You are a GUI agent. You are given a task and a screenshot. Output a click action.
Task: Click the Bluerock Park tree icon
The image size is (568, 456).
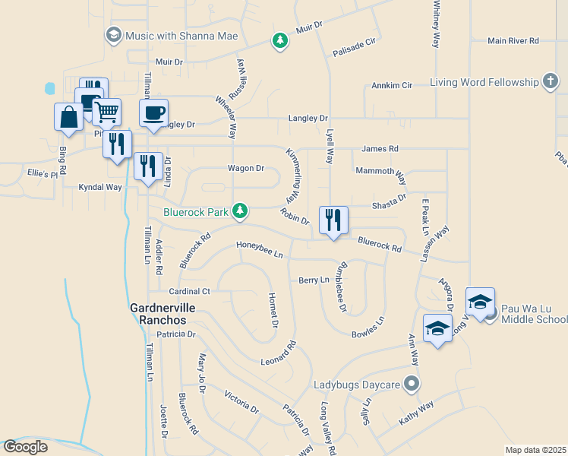(x=240, y=211)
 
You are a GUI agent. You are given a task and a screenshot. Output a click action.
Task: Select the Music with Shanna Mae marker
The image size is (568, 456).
(x=114, y=35)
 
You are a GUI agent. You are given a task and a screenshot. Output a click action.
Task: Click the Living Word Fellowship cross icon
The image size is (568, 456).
(x=551, y=82)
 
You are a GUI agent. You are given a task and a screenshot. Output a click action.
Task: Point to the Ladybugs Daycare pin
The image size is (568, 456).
(x=412, y=385)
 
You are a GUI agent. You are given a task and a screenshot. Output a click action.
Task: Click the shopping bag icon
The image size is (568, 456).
(x=68, y=116)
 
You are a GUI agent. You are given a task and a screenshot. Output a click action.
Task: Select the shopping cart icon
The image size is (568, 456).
(x=107, y=112)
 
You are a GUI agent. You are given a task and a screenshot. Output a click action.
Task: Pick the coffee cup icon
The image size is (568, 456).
(x=154, y=112)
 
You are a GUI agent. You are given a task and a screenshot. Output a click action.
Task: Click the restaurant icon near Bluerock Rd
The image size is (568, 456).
(x=333, y=220)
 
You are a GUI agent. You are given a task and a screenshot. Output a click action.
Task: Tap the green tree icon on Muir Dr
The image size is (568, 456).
(x=280, y=40)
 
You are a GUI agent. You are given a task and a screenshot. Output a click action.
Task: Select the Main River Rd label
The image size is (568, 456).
(x=513, y=40)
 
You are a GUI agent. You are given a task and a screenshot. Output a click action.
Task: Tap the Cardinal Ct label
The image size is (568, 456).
(x=189, y=291)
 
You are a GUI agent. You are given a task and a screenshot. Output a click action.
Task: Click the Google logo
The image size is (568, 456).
(x=26, y=447)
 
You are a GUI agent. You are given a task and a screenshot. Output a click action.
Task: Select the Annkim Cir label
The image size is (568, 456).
(x=392, y=86)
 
